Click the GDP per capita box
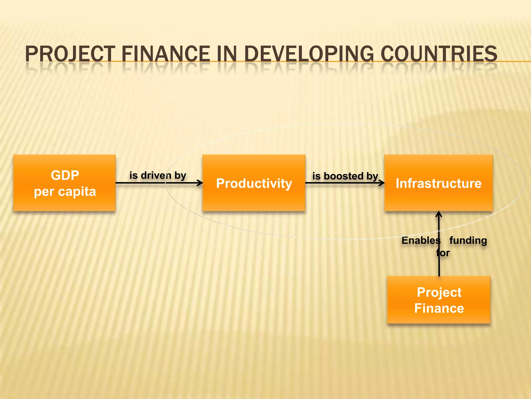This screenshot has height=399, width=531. pyautogui.click(x=64, y=183)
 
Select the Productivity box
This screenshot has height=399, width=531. pyautogui.click(x=254, y=183)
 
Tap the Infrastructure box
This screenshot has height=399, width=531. pyautogui.click(x=438, y=183)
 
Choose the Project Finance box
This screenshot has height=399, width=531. pyautogui.click(x=439, y=300)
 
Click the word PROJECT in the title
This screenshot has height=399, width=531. pyautogui.click(x=70, y=54)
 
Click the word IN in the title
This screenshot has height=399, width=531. pyautogui.click(x=227, y=54)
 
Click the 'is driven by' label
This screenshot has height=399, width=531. pyautogui.click(x=158, y=176)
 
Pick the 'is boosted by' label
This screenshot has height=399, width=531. pyautogui.click(x=345, y=176)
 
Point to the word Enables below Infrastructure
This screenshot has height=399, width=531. pyautogui.click(x=421, y=240)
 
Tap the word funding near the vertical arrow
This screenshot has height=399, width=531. pyautogui.click(x=468, y=240)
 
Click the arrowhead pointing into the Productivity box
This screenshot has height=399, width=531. pyautogui.click(x=200, y=183)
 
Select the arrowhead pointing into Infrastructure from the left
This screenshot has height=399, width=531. pyautogui.click(x=382, y=183)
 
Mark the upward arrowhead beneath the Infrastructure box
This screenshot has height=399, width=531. pyautogui.click(x=439, y=214)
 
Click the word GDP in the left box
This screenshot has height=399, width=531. pyautogui.click(x=65, y=175)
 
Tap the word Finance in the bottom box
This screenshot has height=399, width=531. pyautogui.click(x=439, y=308)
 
